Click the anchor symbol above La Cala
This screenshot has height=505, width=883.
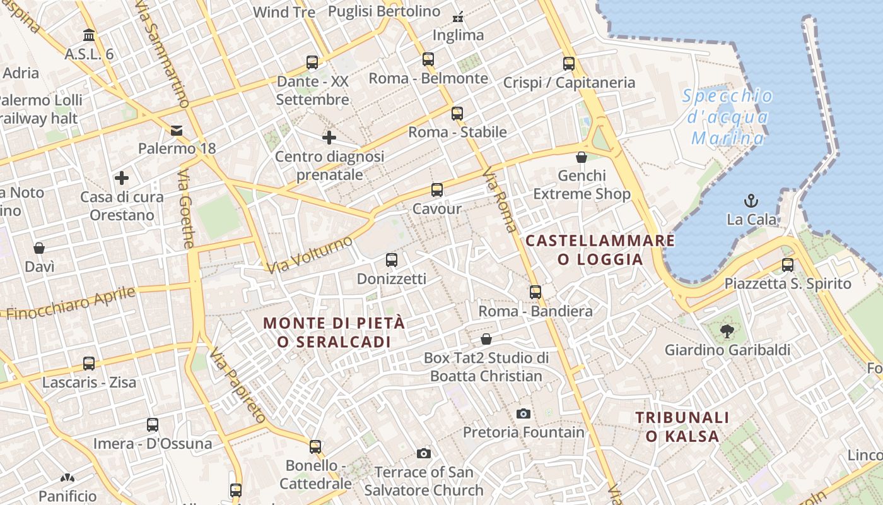coord(751,201)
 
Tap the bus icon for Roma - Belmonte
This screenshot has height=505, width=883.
coord(428,59)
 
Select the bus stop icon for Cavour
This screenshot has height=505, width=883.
coord(436,189)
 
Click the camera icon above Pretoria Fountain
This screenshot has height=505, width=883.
coord(523,414)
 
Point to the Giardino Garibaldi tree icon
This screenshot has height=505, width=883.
coord(727,330)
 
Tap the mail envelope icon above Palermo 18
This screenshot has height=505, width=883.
coord(177,131)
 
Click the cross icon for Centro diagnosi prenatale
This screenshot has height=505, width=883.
coord(329,137)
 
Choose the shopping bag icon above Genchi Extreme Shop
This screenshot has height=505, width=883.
coord(581,157)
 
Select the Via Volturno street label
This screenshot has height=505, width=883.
coord(309,255)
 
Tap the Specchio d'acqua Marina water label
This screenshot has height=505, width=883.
coord(728,117)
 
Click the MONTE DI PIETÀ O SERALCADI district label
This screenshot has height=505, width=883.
coord(334,332)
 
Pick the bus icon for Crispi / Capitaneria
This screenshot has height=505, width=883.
coord(569,63)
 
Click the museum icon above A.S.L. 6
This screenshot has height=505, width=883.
coord(89,35)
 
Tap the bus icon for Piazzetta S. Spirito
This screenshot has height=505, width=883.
coord(787,264)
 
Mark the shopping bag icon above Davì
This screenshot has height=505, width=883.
coord(39,248)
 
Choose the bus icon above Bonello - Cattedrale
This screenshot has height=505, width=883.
coord(315,447)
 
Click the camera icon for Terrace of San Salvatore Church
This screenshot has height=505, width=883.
coord(424,453)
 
